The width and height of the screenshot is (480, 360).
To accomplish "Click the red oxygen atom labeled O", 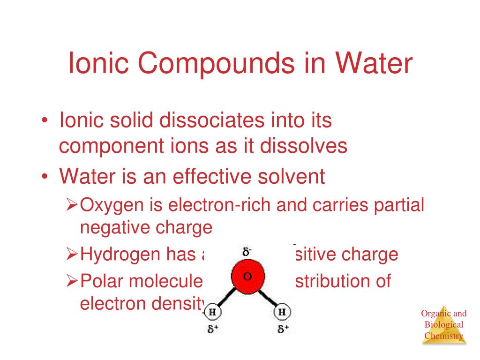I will point(247,276).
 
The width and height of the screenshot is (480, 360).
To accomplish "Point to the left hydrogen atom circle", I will point(213,312).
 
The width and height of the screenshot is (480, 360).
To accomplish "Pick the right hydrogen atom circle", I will point(282,312).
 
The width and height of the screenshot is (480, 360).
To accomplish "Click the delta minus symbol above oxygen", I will point(247,251).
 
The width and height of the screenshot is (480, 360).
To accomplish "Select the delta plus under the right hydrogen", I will point(283,329).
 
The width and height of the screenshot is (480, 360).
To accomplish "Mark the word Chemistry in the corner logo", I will point(444,336).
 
